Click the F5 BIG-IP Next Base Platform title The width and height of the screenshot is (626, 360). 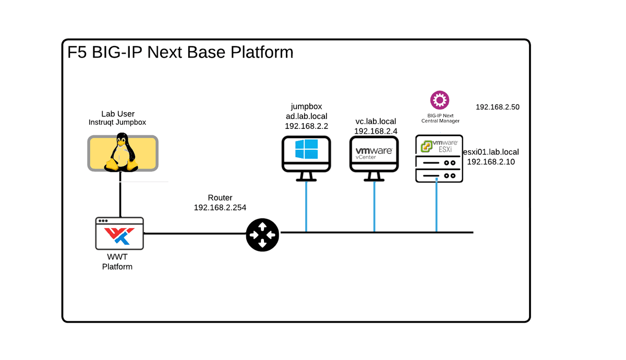[x=180, y=53]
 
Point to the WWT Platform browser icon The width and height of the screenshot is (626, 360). [x=119, y=233]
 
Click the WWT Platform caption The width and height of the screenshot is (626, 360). [x=119, y=262]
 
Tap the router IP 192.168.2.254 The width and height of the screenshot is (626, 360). [x=220, y=207]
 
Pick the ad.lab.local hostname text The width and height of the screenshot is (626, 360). [x=306, y=116]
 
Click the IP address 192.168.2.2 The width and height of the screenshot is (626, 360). [x=306, y=126]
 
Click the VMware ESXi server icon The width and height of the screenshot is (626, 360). [x=439, y=159]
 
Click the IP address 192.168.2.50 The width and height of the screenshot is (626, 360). [x=497, y=107]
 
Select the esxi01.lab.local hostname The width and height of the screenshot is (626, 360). [x=491, y=152]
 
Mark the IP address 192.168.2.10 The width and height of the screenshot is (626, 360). [x=491, y=162]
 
